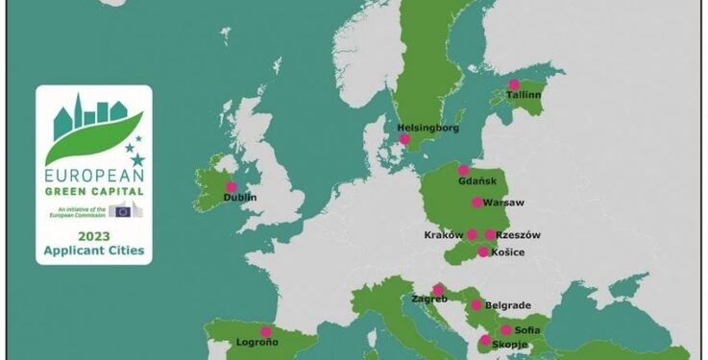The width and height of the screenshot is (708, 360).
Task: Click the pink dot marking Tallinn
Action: coord(515,84)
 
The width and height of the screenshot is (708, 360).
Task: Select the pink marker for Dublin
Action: coord(231,187)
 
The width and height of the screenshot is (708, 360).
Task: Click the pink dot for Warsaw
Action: coord(477,203)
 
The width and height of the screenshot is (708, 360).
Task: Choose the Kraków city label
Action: coord(443,235)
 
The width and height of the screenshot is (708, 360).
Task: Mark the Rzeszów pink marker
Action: coord(491,234)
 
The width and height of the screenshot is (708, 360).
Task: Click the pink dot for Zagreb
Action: coord(439,289)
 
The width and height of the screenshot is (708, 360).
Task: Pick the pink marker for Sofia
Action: coord(505,330)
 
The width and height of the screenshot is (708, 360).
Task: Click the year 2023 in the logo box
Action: coord(93,234)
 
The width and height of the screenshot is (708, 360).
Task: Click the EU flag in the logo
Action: coord(121,210)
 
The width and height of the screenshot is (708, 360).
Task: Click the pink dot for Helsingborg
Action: coord(404,139)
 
